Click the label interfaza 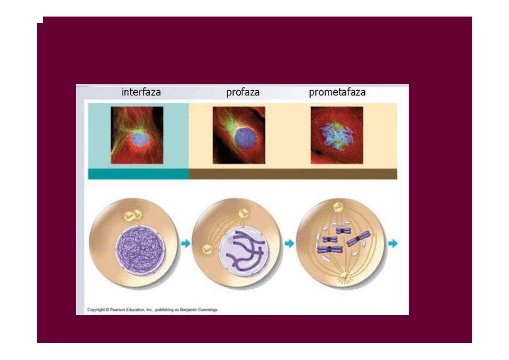pos(141,92)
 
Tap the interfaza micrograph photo pos(137,135)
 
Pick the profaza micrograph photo pos(239,135)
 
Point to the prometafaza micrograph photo pos(337,135)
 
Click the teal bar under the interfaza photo pos(138,174)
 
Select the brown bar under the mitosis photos pos(293,174)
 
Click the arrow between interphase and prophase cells pos(186,243)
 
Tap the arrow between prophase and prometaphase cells pos(289,243)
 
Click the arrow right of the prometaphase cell pos(393,243)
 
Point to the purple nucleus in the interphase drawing pos(140,250)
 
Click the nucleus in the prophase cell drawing pos(244,252)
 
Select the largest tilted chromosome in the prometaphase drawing pos(359,238)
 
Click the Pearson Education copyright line pos(152,310)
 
